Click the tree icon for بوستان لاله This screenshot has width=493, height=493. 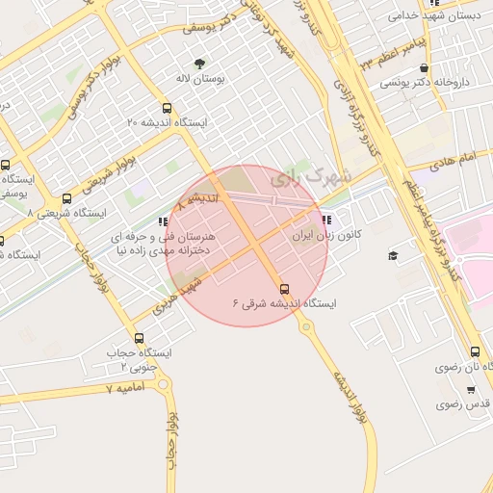[199, 65]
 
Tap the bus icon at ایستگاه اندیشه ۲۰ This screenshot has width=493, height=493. [169, 108]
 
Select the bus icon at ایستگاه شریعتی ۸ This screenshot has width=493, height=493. [65, 197]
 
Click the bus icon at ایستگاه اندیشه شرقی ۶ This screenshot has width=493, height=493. [283, 288]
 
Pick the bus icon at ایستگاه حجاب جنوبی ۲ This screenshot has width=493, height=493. [140, 338]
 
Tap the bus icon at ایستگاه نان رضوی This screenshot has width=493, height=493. [475, 352]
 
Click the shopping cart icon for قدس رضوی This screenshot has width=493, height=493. [470, 390]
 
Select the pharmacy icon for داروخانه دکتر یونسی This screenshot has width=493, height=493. [425, 68]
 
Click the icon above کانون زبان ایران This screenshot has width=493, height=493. [338, 219]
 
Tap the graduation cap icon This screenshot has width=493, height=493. [393, 255]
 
